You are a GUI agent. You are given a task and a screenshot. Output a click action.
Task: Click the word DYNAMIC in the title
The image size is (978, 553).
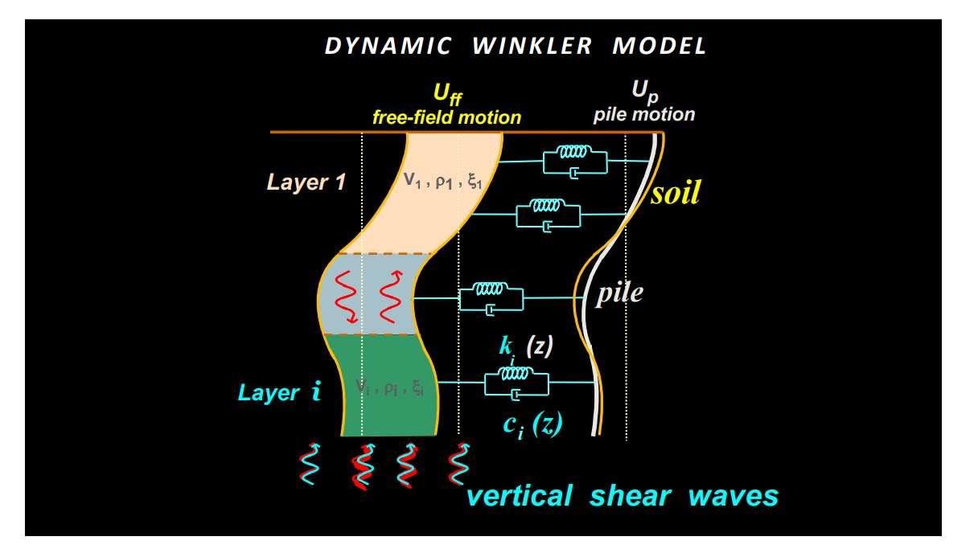[388, 46]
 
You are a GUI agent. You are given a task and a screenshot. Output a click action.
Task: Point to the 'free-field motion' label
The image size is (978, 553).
[446, 117]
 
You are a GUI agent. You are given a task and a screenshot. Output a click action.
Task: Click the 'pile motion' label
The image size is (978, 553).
[644, 114]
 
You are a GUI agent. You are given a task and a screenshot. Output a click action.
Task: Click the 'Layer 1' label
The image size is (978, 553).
[306, 182]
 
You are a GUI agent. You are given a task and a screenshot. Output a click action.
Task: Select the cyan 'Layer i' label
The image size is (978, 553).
[280, 393]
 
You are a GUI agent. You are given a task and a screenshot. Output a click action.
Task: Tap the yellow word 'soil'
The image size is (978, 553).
[676, 193]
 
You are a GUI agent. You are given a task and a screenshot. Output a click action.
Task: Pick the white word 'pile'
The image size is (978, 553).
[619, 293]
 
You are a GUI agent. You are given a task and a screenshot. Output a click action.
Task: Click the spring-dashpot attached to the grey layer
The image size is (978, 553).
[491, 297]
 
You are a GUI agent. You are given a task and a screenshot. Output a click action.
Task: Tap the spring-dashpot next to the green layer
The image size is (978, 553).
[516, 383]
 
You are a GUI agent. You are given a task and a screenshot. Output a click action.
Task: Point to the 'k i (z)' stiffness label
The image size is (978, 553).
[523, 348]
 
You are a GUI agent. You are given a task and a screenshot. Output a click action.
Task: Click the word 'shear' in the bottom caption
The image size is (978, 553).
[628, 496]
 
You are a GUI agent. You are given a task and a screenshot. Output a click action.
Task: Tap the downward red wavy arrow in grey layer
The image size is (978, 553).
[346, 297]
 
